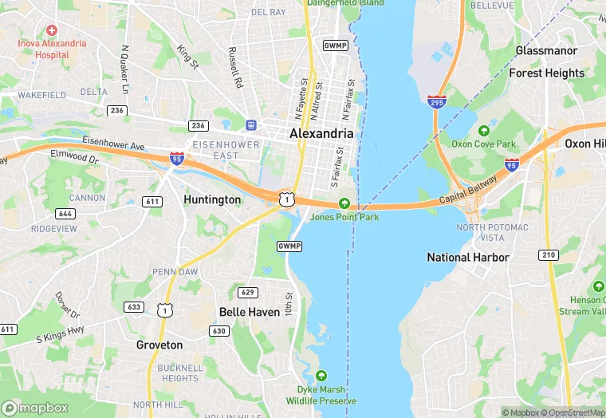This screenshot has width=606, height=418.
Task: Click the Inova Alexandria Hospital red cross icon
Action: (51, 30)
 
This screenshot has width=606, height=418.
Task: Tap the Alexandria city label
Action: (321, 134)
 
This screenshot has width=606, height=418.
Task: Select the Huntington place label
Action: (212, 199)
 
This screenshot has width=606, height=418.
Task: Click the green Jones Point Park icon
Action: (344, 203)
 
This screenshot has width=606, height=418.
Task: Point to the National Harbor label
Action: (468, 257)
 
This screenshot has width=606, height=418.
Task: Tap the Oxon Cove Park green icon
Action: (483, 131)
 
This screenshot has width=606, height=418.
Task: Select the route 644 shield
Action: (65, 213)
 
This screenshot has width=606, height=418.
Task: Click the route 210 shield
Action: (548, 255)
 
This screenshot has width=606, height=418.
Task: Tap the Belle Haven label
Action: (250, 312)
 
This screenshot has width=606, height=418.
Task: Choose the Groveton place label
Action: (159, 345)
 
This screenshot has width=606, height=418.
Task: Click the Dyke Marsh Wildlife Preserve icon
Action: (321, 376)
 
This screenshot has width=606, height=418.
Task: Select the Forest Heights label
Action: (547, 73)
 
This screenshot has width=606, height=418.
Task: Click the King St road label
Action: (188, 55)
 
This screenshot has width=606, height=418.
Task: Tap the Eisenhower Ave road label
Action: (112, 144)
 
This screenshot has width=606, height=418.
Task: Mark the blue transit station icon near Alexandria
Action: (251, 125)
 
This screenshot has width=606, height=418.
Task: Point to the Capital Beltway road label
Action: (468, 188)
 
